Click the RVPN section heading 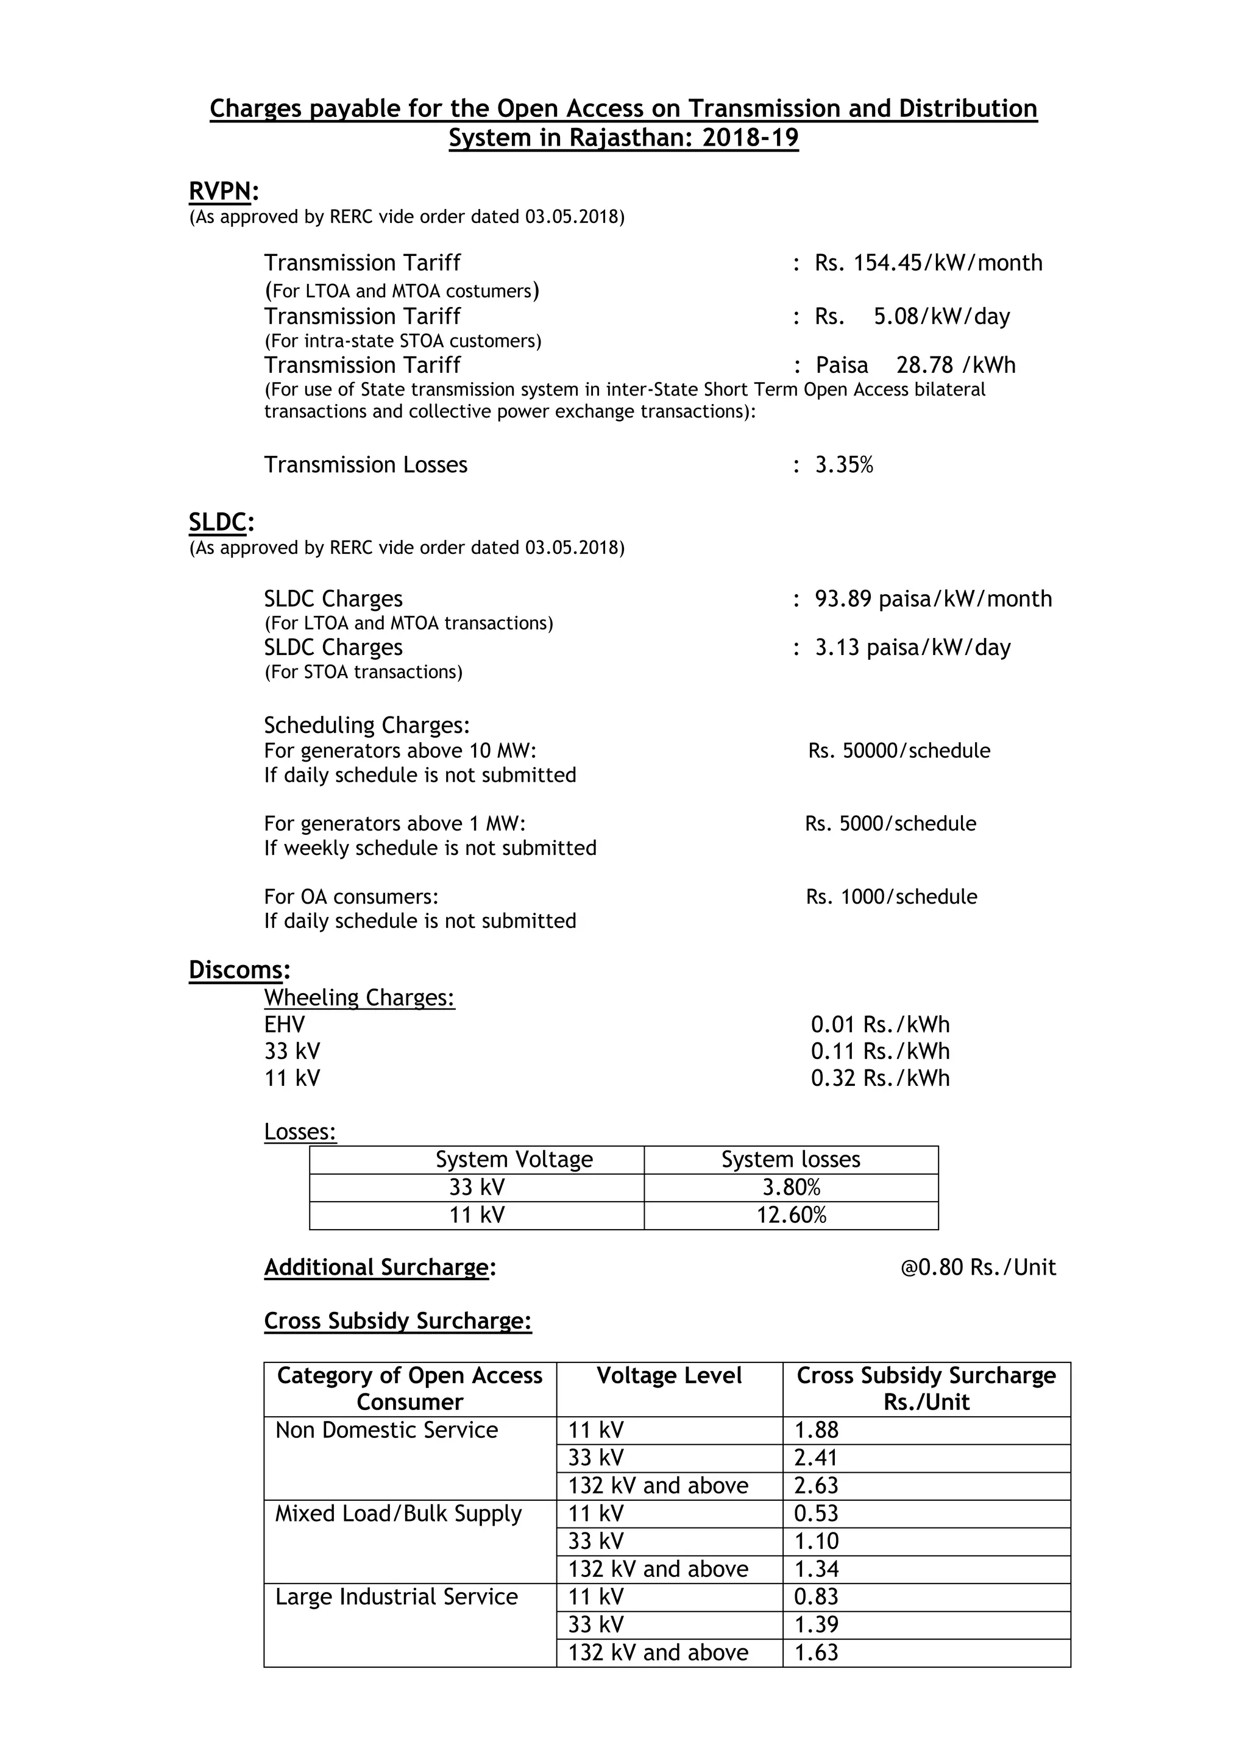[x=221, y=191]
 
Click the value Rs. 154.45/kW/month [x=928, y=263]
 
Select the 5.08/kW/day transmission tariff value [x=941, y=316]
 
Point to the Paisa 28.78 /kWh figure [x=915, y=365]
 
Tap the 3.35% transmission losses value [x=844, y=465]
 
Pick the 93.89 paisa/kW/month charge [x=933, y=598]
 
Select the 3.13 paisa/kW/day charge [x=912, y=648]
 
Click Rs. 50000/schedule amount [x=898, y=751]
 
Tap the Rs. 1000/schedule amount [x=892, y=896]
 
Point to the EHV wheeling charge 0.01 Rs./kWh [x=880, y=1025]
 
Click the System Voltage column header [x=514, y=1160]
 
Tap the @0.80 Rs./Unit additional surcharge [x=977, y=1267]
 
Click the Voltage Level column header [x=668, y=1375]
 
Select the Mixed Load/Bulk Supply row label [x=398, y=1514]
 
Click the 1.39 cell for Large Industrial [x=816, y=1624]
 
